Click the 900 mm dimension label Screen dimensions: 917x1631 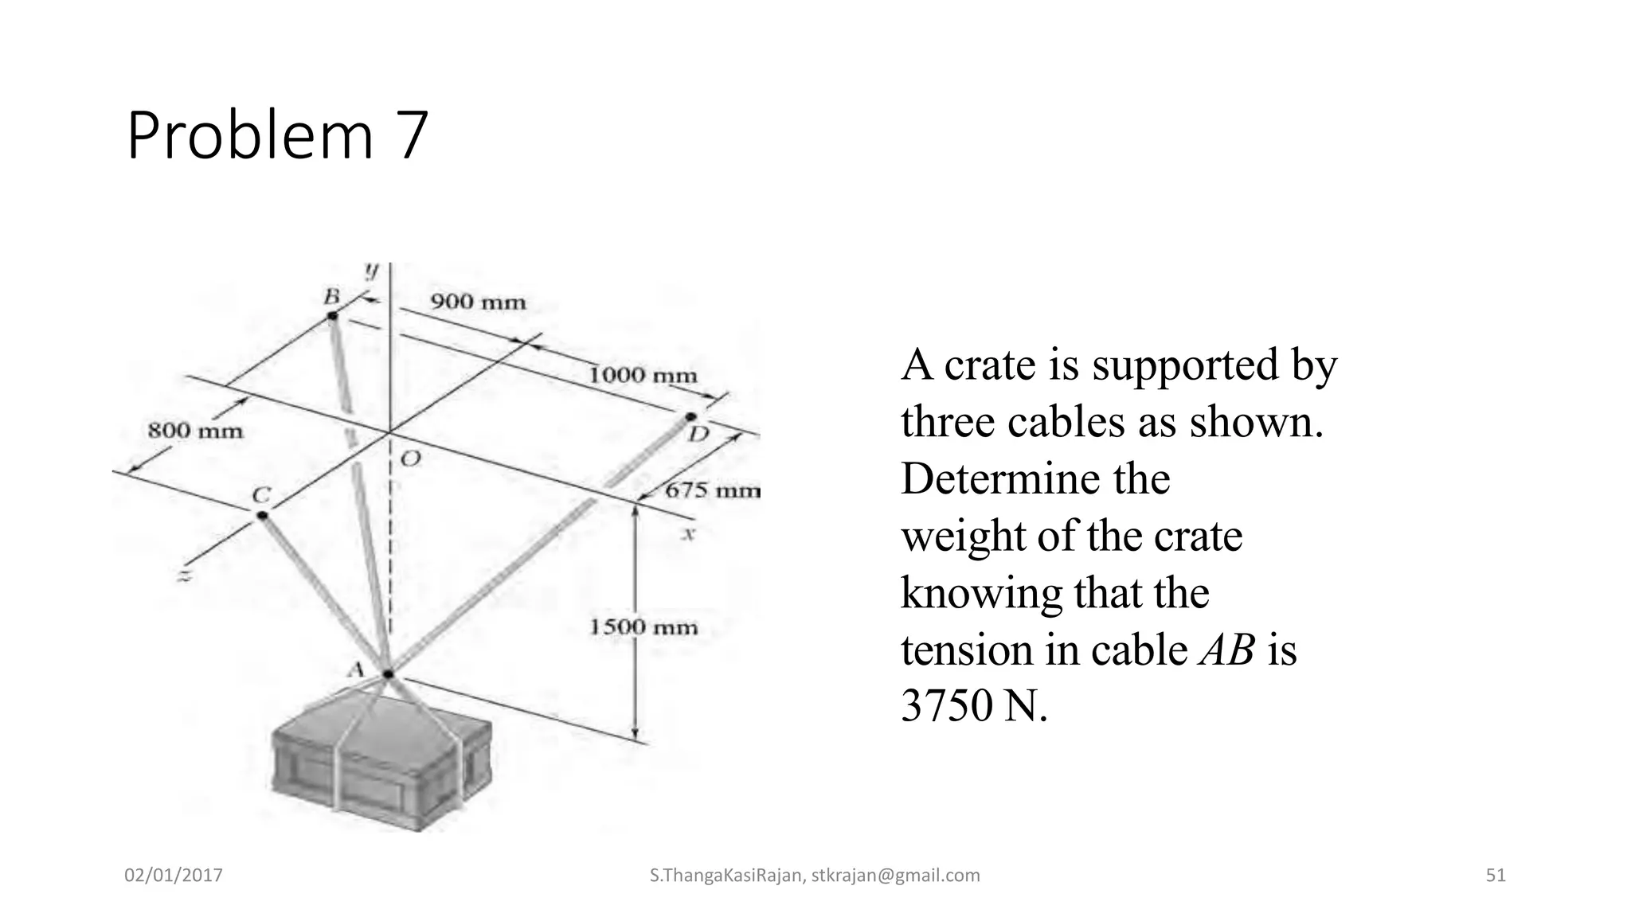tap(478, 302)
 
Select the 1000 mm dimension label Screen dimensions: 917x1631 tap(643, 375)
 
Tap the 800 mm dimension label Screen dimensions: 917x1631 tap(195, 431)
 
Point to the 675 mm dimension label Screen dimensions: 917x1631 tap(713, 490)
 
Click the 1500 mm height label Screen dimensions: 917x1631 tap(643, 627)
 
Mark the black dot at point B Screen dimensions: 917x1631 tap(333, 317)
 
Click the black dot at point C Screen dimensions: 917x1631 tap(262, 515)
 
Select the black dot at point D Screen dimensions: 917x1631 tap(690, 417)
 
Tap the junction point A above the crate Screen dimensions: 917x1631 tap(389, 674)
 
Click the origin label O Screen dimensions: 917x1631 tap(410, 459)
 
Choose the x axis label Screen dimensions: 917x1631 tap(689, 534)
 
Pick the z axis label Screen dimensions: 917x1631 tap(185, 575)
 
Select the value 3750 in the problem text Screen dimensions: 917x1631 tap(948, 705)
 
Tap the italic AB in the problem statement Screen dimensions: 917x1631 tap(1226, 649)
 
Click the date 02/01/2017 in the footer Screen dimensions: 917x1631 tap(174, 876)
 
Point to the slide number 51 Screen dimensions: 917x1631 tap(1496, 876)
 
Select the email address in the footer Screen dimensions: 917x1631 tap(896, 876)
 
